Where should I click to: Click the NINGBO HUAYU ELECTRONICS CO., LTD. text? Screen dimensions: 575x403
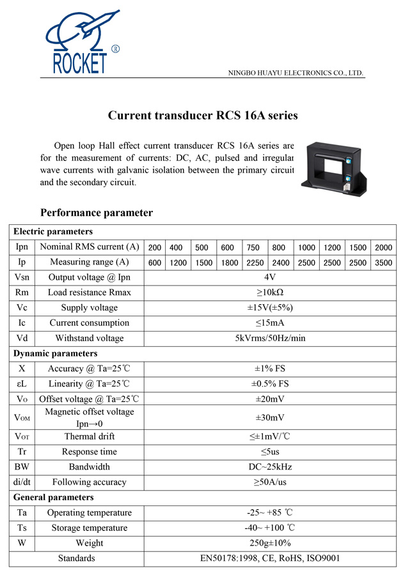pyautogui.click(x=296, y=73)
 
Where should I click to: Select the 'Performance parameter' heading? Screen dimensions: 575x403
pyautogui.click(x=97, y=213)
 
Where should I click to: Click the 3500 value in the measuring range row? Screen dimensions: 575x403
pyautogui.click(x=384, y=263)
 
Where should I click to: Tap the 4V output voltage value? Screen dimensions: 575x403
pyautogui.click(x=269, y=277)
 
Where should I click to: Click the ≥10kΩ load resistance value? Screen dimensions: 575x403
pyautogui.click(x=269, y=293)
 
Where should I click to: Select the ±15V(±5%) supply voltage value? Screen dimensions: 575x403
pyautogui.click(x=269, y=308)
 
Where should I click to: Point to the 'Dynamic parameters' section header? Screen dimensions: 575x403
pyautogui.click(x=56, y=353)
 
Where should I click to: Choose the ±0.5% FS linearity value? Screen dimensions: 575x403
pyautogui.click(x=269, y=384)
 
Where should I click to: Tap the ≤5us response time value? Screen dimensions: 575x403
pyautogui.click(x=269, y=452)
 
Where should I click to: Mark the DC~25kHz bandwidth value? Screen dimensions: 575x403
pyautogui.click(x=269, y=467)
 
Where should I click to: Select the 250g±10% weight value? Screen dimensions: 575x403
pyautogui.click(x=269, y=543)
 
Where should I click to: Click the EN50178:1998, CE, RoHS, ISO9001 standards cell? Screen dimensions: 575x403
pyautogui.click(x=269, y=558)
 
